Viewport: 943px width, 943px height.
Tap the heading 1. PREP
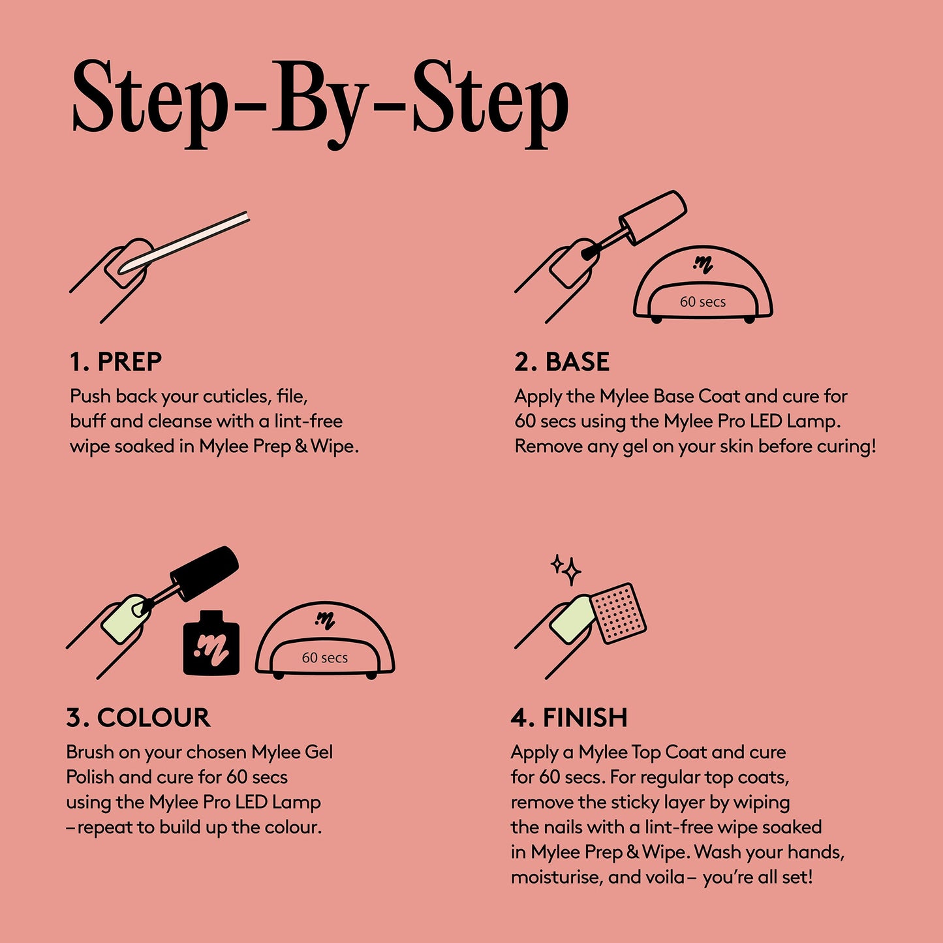pos(116,362)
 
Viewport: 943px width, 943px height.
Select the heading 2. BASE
pos(562,362)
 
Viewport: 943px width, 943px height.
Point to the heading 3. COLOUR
pos(138,717)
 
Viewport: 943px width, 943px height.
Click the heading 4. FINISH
pos(569,717)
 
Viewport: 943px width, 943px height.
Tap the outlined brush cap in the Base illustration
pos(653,217)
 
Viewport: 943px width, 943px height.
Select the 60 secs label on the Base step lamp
pos(703,302)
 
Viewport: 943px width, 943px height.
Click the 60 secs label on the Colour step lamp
pos(324,658)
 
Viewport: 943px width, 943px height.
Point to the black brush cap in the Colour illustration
pos(204,572)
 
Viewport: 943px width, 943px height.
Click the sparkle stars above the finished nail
pos(566,569)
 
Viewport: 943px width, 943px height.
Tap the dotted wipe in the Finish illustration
pos(617,613)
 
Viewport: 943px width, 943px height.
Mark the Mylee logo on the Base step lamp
pos(703,264)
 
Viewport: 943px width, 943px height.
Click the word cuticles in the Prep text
pos(237,397)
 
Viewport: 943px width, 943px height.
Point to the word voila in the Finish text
pos(665,877)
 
